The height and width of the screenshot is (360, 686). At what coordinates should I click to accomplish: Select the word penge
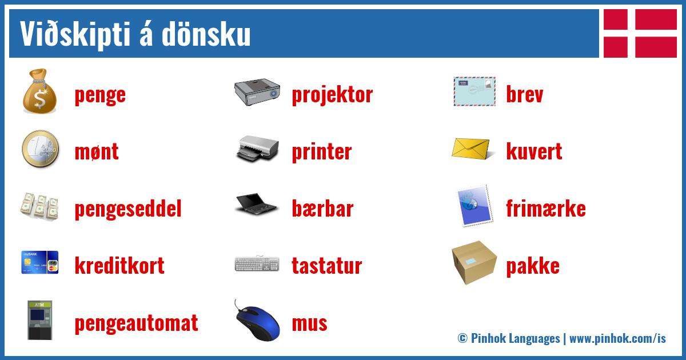[x=100, y=95]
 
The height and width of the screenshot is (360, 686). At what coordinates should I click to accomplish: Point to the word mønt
[x=97, y=152]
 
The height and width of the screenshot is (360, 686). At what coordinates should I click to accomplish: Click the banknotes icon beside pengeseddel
[x=40, y=207]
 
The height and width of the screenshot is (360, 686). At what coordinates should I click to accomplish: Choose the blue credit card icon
[x=40, y=262]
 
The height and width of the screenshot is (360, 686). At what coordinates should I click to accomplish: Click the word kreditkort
[x=119, y=266]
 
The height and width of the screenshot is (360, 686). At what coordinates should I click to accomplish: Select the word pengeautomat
[x=136, y=323]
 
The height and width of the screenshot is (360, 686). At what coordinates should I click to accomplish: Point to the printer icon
[x=257, y=149]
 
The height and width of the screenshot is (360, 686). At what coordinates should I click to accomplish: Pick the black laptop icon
[x=256, y=206]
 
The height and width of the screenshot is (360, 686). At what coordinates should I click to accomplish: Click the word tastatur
[x=326, y=266]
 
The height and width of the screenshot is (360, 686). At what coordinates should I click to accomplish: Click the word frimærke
[x=545, y=209]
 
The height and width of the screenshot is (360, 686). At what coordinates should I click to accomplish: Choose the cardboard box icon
[x=474, y=264]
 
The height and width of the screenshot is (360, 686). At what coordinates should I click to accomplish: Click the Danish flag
[x=640, y=33]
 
